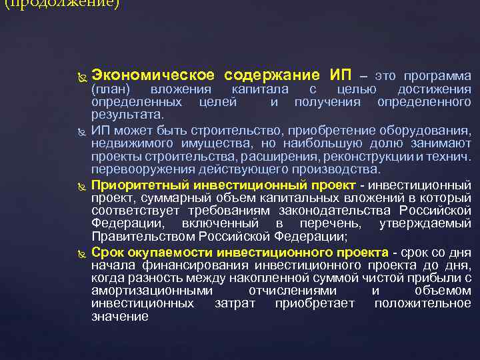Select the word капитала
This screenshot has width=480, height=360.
coord(259,89)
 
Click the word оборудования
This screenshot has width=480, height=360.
coord(428,129)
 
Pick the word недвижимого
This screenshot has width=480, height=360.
coord(126,143)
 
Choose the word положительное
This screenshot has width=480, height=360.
coord(423,304)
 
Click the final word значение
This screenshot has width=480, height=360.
coord(119,317)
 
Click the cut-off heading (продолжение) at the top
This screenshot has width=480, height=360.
coord(60,4)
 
